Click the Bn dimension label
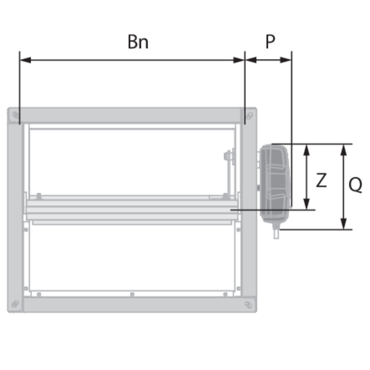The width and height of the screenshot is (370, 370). point(138,42)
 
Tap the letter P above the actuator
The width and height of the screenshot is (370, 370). point(270,42)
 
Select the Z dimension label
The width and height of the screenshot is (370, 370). point(321,180)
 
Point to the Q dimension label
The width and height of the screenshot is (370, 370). point(355,184)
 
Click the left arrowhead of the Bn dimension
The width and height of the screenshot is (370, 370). point(25,60)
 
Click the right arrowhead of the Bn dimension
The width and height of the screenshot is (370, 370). point(239,60)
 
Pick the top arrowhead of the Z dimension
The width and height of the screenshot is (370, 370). point(306,150)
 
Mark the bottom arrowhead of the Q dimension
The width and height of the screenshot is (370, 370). point(344,223)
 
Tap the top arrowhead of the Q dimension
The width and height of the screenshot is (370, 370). point(344,150)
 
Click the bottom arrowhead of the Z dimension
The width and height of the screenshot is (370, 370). point(306,203)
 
